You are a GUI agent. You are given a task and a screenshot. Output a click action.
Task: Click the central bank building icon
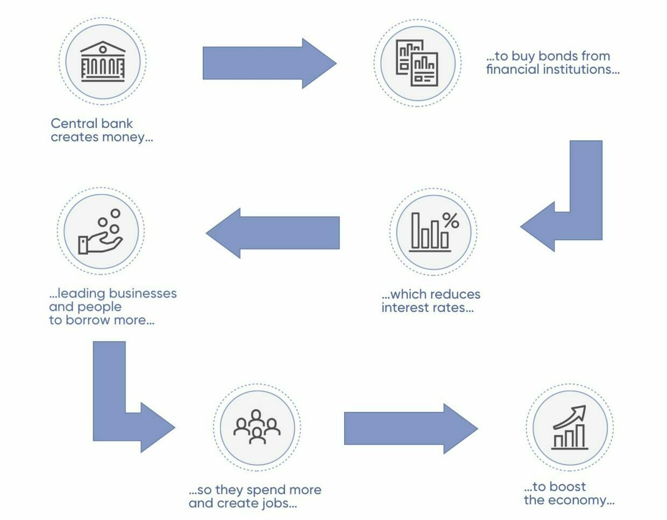[x=103, y=61]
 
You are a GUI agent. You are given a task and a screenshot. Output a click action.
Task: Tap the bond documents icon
[x=417, y=63]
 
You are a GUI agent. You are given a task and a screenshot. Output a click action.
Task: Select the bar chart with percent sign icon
[x=434, y=232]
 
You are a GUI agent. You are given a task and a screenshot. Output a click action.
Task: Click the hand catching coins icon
[x=101, y=232]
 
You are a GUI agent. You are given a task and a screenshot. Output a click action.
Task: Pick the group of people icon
[x=257, y=427]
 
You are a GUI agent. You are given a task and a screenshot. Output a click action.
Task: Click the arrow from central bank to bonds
[x=269, y=63]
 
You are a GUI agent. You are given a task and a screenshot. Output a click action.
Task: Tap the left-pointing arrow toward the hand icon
[x=273, y=233]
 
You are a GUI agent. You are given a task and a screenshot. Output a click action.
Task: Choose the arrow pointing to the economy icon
[x=411, y=429]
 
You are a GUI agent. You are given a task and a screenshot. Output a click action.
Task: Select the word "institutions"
[x=581, y=69]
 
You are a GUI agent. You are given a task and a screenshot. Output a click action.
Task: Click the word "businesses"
[x=143, y=293]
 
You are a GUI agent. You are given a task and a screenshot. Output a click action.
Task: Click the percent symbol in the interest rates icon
[x=451, y=220]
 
